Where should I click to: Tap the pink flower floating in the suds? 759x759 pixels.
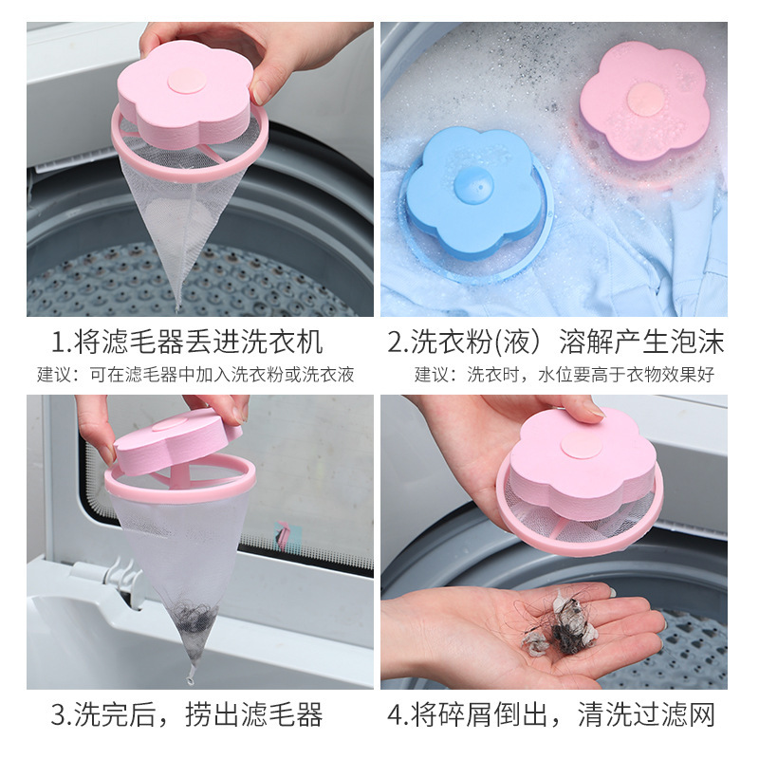644,101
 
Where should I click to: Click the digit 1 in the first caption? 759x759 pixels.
60,342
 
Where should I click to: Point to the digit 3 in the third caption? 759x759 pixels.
60,714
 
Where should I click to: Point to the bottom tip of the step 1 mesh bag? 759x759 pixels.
178,305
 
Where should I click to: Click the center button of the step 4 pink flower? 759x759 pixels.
580,445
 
